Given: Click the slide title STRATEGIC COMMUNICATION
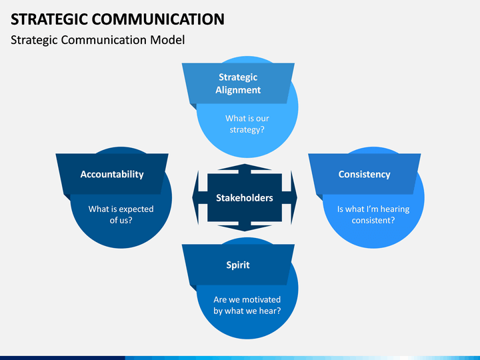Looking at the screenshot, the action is [117, 19].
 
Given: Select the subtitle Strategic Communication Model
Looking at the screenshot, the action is [97, 40].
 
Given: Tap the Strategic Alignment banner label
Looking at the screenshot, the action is [238, 83].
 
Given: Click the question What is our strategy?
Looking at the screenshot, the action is [247, 124].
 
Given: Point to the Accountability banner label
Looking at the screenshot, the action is [112, 174].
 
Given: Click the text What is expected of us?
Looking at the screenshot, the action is [121, 214].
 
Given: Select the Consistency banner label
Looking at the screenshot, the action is [364, 174].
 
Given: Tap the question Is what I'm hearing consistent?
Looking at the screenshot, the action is [373, 214].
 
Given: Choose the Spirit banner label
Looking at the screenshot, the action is [238, 265].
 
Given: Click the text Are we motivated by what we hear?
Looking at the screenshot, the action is [247, 305].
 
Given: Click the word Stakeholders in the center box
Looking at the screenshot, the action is [244, 198].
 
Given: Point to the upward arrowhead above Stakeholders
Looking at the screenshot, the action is [244, 167].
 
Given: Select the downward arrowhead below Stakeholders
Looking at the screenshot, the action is [244, 228].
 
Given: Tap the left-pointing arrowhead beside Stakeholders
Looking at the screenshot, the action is [195, 198].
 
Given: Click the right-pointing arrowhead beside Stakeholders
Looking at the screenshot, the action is [293, 198].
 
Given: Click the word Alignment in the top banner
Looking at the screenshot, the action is [238, 90].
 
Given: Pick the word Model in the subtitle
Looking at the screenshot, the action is [167, 40].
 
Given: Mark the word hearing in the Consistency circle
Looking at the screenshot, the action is [395, 209].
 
